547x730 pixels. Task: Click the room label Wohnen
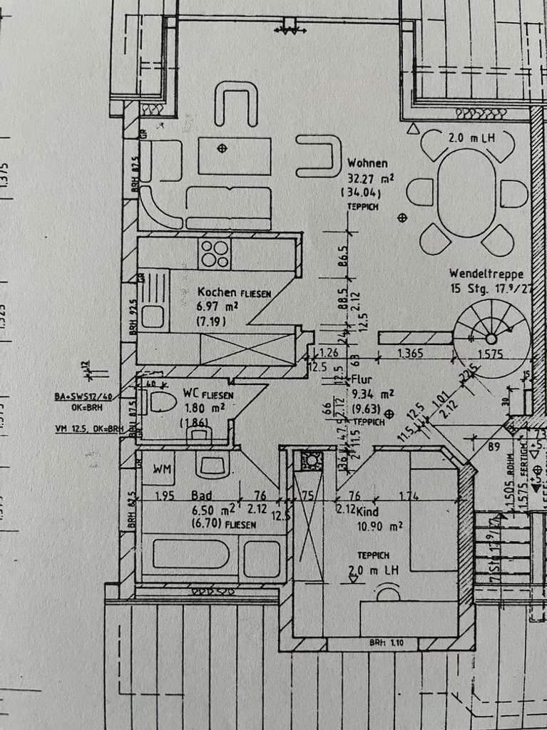[x=367, y=163]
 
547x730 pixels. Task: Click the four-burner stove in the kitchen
[x=215, y=253]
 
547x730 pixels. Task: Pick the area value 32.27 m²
[x=368, y=178]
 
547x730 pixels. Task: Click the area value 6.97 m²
[x=218, y=307]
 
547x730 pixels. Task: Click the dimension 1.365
[x=411, y=352]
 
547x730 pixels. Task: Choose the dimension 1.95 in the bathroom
[x=164, y=496]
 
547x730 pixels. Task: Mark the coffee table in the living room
[x=235, y=155]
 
